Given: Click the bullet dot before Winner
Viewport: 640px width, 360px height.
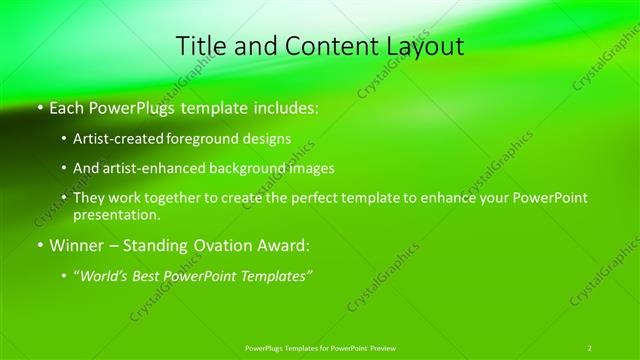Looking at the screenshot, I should tap(40, 244).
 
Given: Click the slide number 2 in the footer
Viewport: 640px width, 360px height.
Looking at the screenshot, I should tap(590, 347).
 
